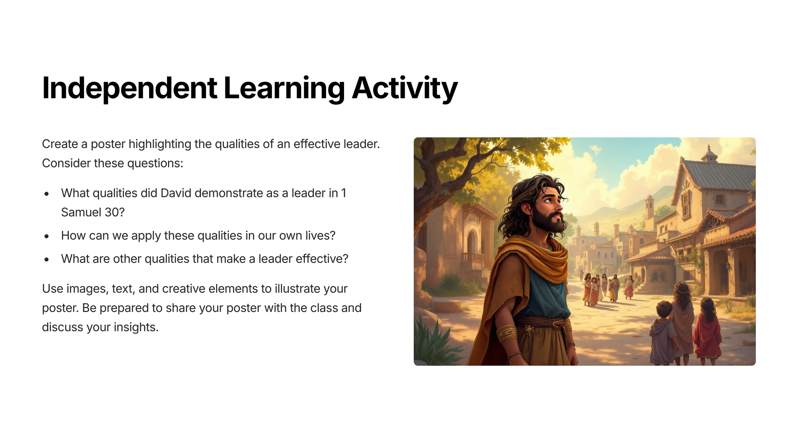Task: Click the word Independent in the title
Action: point(130,88)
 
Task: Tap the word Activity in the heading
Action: point(405,88)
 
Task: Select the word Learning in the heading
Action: point(284,88)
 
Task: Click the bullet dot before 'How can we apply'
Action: point(47,236)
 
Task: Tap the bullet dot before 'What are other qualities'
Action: point(47,259)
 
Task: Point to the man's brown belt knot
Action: point(530,331)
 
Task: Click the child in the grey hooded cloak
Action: point(664,334)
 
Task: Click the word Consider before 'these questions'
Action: point(66,163)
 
